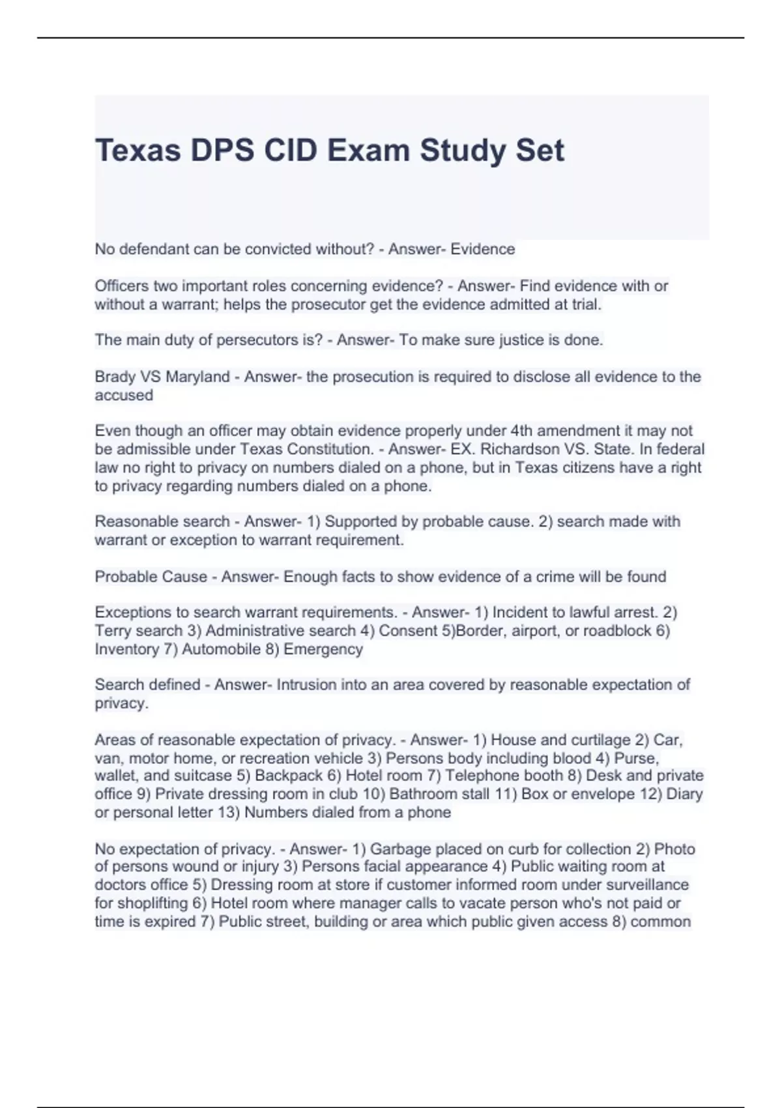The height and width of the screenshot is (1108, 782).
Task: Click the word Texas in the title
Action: coord(138,151)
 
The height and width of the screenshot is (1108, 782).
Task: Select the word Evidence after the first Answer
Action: coord(483,249)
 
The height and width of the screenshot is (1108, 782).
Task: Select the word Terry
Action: coord(113,631)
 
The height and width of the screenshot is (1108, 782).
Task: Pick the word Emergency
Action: coord(323,649)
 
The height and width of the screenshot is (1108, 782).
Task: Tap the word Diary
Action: coord(684,794)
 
